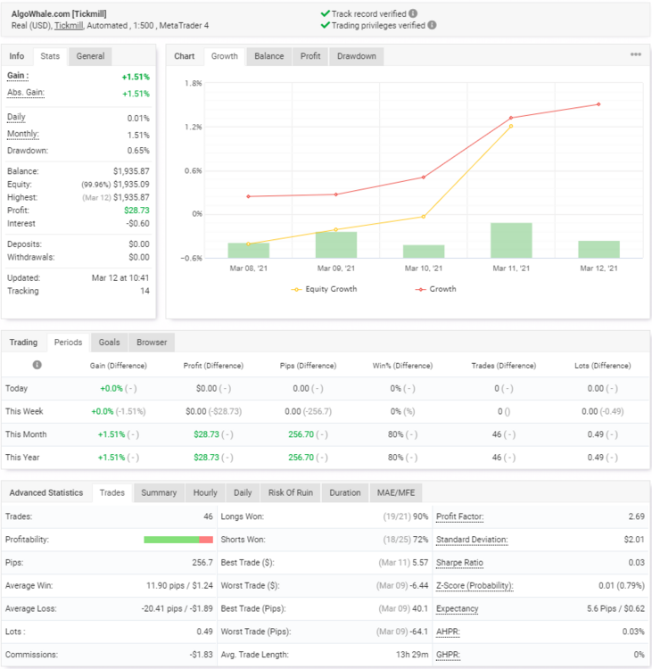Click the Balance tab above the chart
(x=268, y=56)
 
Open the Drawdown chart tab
(x=356, y=56)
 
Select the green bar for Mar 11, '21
(x=511, y=240)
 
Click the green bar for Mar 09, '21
(x=336, y=245)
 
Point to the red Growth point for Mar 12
(x=598, y=104)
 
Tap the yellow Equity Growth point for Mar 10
(x=424, y=217)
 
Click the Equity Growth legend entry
(x=324, y=289)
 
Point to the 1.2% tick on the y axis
(x=194, y=127)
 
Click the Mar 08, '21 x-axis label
(x=248, y=268)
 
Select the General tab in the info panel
(x=90, y=56)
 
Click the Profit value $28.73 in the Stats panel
(x=136, y=211)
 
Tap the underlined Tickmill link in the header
(x=69, y=26)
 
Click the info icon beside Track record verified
(x=413, y=13)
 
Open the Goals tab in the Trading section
(x=109, y=343)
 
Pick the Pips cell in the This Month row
(x=308, y=434)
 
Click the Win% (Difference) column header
(x=402, y=366)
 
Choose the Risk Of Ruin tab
(x=291, y=492)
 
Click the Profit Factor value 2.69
(x=636, y=516)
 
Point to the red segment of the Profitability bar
(x=206, y=540)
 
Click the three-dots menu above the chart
(x=636, y=54)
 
